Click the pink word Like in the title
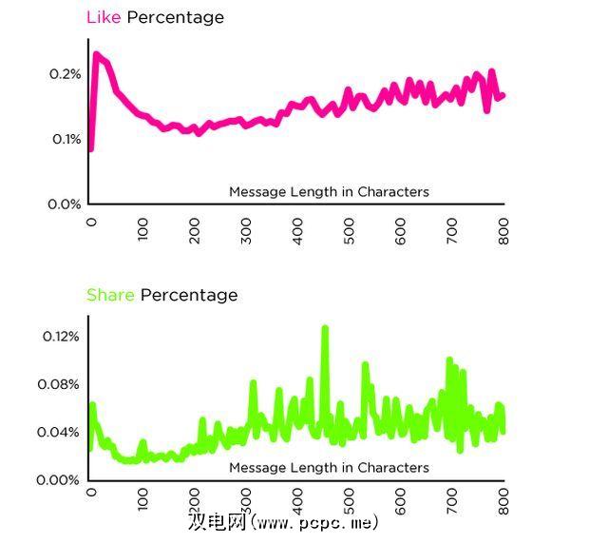coord(104,17)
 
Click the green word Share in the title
coord(110,295)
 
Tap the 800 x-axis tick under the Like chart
coord(504,229)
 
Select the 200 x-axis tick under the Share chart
coord(194,499)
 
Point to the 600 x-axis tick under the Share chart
coord(401,499)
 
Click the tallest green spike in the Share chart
coord(325,329)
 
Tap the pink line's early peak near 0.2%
coord(97,54)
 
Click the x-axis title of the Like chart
coord(329,192)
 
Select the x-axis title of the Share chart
coord(329,468)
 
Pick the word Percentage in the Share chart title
coord(189,295)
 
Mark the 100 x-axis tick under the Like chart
coord(142,229)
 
